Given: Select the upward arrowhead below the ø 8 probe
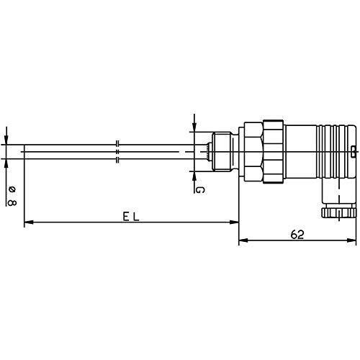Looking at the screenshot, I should [6, 163].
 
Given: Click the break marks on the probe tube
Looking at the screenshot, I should [117, 153].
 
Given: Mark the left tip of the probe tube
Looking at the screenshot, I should [25, 152].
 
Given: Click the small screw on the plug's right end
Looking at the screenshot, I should [353, 150].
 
